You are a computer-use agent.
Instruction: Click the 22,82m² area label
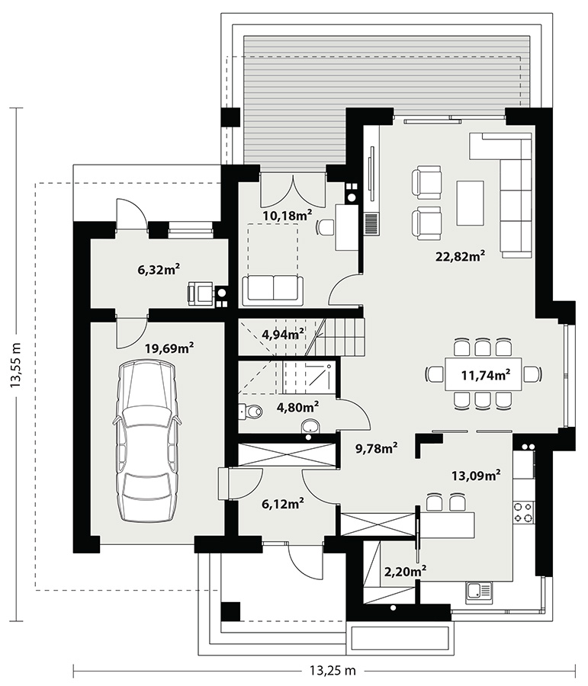click(x=460, y=256)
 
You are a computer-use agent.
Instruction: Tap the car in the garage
click(x=146, y=441)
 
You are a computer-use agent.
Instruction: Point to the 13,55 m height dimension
click(x=16, y=364)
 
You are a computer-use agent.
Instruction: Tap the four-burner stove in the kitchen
click(x=523, y=512)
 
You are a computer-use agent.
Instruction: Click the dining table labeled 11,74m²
click(x=484, y=374)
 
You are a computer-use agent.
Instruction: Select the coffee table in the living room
click(x=471, y=203)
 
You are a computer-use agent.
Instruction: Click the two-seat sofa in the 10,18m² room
click(x=273, y=290)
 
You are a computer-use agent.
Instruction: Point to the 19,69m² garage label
click(x=169, y=348)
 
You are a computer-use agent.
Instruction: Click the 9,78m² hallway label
click(x=377, y=448)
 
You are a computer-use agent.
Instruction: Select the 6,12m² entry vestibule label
click(x=283, y=504)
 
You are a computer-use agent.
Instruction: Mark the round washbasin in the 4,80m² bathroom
click(x=310, y=426)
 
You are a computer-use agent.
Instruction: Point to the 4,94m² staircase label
click(x=283, y=335)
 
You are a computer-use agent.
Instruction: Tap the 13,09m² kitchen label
click(x=476, y=476)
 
